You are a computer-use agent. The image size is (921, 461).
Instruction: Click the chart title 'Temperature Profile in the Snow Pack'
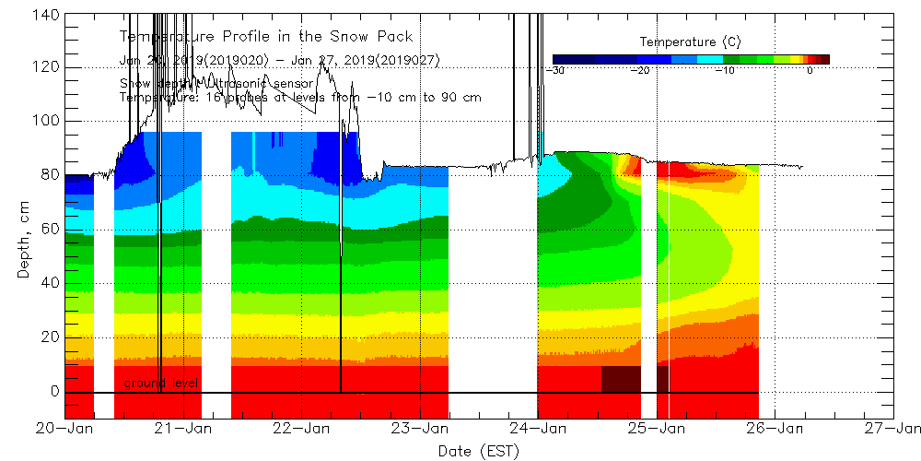(x=266, y=37)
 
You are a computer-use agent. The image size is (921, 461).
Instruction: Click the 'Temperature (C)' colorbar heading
(x=690, y=42)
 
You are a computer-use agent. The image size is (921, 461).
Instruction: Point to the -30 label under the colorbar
(x=555, y=70)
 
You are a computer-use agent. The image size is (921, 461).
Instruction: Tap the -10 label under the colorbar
(x=725, y=70)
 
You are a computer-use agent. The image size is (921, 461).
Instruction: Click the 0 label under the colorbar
(x=810, y=70)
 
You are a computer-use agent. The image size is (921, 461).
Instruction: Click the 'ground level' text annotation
(x=161, y=383)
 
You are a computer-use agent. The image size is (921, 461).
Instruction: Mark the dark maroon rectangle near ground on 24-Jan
(x=621, y=379)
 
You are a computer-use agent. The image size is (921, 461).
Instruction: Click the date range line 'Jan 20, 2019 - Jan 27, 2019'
(x=279, y=60)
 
